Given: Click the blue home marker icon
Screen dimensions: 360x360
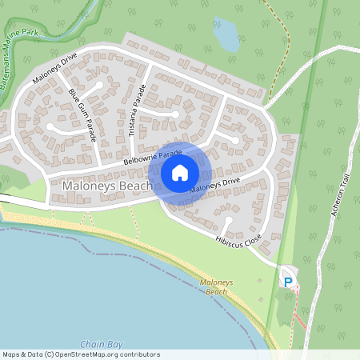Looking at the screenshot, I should (x=180, y=171).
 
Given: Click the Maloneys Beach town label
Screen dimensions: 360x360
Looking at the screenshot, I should (x=105, y=186).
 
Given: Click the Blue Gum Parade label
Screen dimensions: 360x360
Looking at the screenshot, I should (x=82, y=115).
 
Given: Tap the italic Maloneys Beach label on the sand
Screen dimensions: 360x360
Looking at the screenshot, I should (x=214, y=286).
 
